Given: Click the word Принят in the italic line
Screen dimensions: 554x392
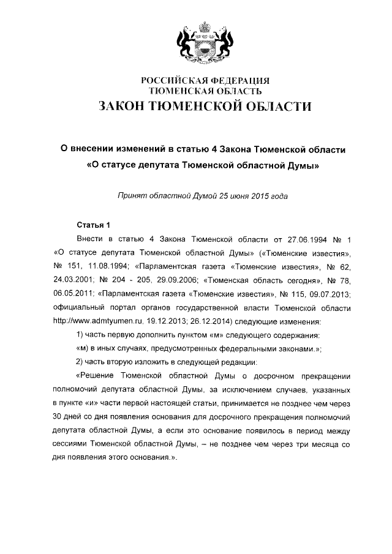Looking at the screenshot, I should tap(132, 196).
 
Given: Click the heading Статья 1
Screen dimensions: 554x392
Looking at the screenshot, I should tap(93, 225).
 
